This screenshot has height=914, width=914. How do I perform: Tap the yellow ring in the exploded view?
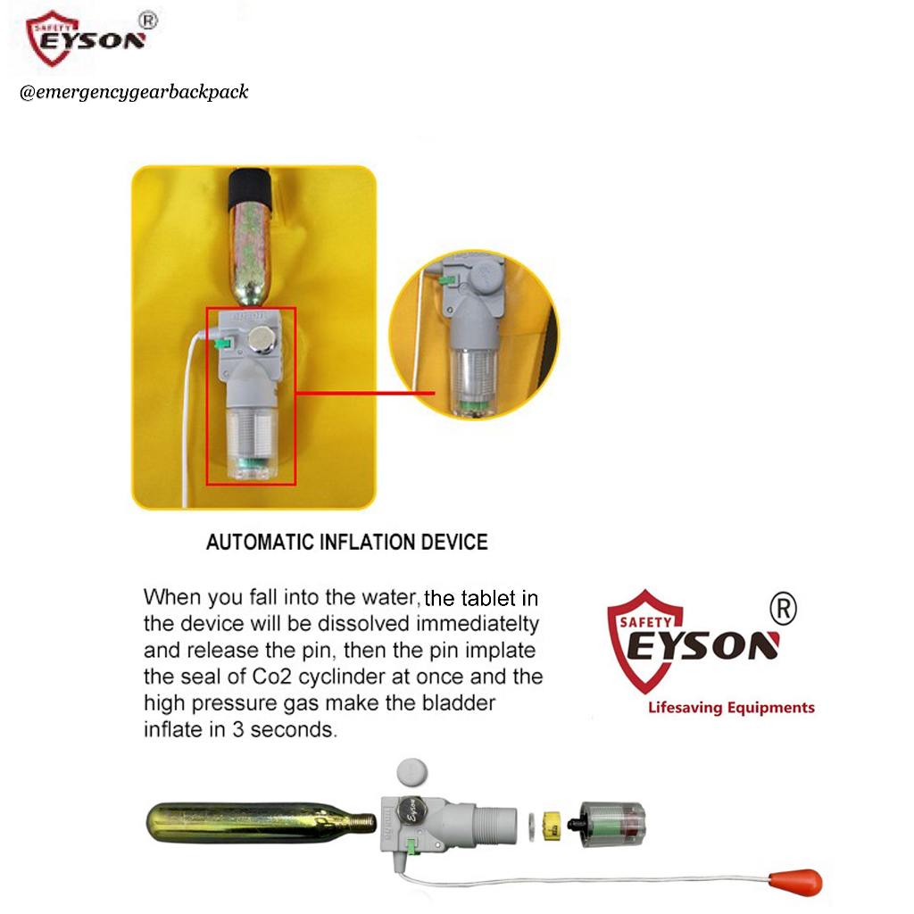[x=552, y=825]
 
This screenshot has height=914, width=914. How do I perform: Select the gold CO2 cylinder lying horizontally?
[x=261, y=822]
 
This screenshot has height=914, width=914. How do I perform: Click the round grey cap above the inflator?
[x=412, y=772]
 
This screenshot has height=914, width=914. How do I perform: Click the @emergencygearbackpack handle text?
[x=134, y=92]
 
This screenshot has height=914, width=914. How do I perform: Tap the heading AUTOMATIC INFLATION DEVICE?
[x=347, y=542]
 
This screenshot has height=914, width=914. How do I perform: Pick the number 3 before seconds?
[x=237, y=730]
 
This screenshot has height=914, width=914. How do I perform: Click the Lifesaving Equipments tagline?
[x=731, y=708]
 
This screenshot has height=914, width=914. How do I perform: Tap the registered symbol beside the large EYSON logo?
[x=783, y=609]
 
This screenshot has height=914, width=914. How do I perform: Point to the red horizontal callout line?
[x=365, y=394]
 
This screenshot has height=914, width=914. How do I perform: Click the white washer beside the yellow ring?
[x=531, y=827]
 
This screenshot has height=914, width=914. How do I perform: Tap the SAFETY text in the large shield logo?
[x=645, y=622]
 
